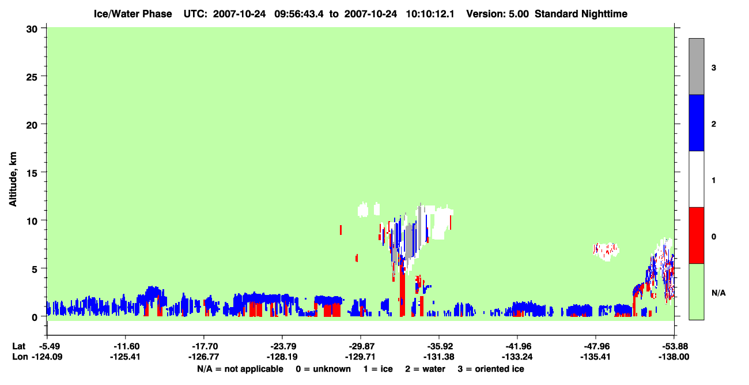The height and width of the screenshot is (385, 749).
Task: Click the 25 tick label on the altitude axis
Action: coord(32,77)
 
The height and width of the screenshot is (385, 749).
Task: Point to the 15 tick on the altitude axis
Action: coord(44,172)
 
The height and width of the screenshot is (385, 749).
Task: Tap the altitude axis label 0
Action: coord(35,317)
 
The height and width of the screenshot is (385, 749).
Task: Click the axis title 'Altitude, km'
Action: coord(13,180)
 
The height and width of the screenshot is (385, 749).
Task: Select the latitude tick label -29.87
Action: coord(361,346)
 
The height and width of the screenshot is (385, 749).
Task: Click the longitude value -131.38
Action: coord(438,357)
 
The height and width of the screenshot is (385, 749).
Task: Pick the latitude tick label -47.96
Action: coord(596,346)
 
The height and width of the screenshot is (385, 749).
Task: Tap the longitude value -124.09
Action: coord(47,357)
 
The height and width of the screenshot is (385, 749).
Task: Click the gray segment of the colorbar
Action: coord(697,66)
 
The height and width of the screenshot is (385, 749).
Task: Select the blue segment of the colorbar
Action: coord(697,122)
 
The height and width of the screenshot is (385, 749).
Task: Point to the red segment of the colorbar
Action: coord(697,236)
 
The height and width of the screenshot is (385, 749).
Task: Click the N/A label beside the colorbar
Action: coord(718,293)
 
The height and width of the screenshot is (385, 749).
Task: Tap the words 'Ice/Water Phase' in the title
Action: coord(133,14)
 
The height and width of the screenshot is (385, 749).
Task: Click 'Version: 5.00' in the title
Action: coord(498,14)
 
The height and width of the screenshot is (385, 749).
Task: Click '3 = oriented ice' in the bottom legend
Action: coord(491,369)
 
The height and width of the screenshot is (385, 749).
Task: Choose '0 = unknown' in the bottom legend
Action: coord(323,369)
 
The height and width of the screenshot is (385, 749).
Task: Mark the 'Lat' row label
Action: coord(18,346)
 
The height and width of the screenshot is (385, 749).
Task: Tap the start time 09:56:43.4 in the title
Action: coord(299,14)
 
